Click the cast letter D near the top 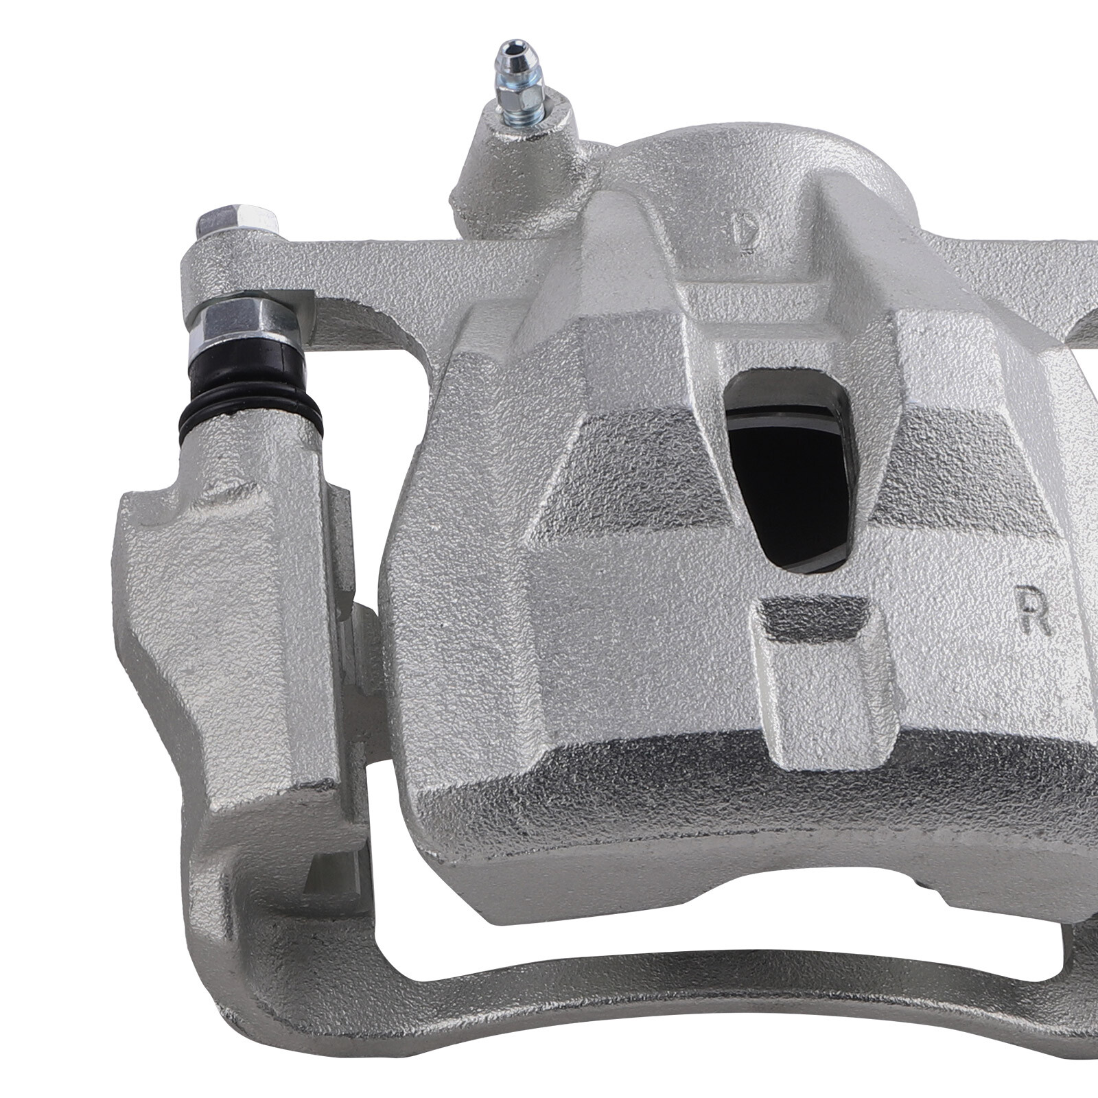tap(743, 231)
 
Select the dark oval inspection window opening tap(789, 474)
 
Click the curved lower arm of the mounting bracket tap(618, 988)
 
